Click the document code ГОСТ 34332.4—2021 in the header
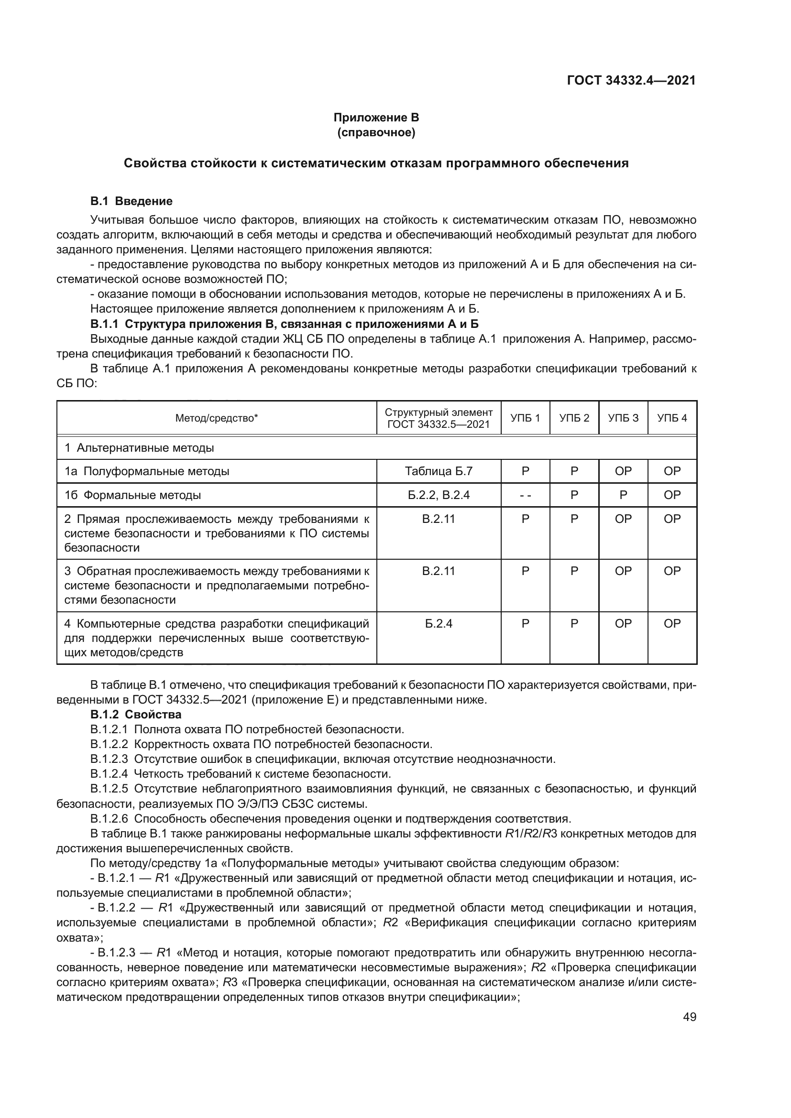[x=631, y=80]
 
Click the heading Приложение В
[x=376, y=118]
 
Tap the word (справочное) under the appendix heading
[x=376, y=132]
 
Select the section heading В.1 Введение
[x=131, y=201]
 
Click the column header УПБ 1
[x=525, y=418]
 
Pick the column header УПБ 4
[x=672, y=418]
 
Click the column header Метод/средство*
[x=216, y=418]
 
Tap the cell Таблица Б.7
[x=439, y=471]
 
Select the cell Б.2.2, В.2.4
[x=439, y=495]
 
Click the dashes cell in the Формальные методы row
[x=525, y=495]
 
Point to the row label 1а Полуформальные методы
[x=147, y=471]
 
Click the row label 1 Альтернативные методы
[x=139, y=447]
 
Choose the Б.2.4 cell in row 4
[x=439, y=623]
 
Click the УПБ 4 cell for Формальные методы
[x=672, y=495]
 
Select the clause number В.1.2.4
[x=109, y=774]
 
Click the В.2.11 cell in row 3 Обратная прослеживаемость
[x=439, y=571]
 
